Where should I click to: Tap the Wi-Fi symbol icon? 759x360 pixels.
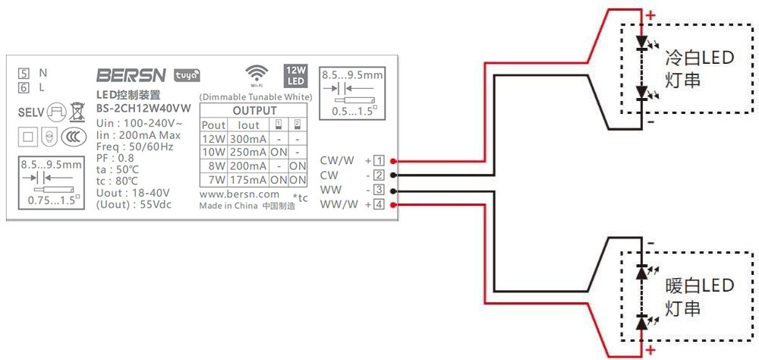pos(257,74)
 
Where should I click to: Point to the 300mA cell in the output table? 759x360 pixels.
pos(248,139)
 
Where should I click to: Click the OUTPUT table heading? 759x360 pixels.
pos(254,111)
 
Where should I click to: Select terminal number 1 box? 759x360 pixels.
pos(379,161)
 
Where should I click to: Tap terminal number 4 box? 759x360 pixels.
pos(379,204)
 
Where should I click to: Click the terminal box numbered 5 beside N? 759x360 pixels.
pos(24,74)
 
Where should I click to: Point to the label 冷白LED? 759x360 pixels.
pos(699,58)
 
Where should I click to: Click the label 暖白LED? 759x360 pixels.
pos(699,286)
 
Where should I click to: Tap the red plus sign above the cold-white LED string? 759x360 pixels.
pos(650,14)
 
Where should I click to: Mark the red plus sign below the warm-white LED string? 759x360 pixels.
pos(650,350)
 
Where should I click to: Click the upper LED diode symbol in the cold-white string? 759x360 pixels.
pos(641,43)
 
